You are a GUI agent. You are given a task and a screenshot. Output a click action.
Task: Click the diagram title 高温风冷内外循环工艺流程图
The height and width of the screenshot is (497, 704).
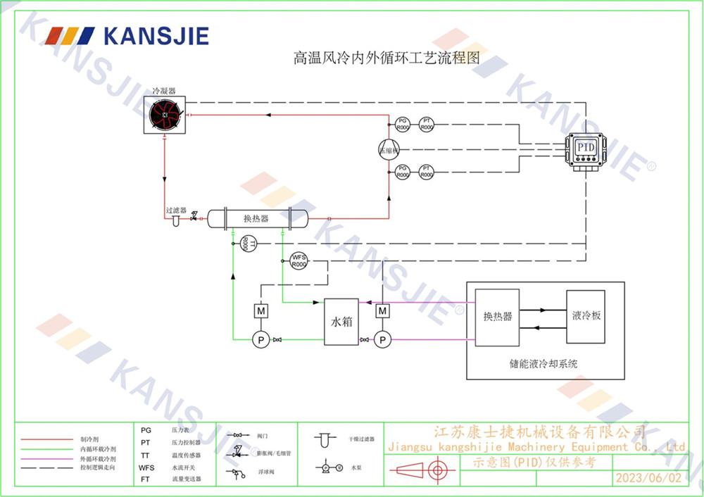coord(386,58)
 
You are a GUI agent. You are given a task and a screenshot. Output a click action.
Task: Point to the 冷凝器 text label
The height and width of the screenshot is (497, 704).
coord(164,92)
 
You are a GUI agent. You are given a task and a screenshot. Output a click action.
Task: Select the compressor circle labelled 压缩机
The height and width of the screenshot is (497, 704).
coord(388,150)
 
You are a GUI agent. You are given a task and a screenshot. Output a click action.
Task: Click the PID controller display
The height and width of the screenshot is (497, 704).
coord(586,149)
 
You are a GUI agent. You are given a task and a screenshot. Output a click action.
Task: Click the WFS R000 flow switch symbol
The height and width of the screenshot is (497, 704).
coord(299,260)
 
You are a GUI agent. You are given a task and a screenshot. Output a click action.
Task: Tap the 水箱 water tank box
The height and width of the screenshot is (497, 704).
coord(341,322)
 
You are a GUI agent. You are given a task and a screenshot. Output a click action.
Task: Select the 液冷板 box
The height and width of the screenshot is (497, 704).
coord(586,317)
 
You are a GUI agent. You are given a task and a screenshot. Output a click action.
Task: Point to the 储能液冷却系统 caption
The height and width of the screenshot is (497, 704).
coord(543,364)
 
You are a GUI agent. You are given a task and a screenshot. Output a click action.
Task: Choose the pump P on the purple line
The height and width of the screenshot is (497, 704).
coord(382,340)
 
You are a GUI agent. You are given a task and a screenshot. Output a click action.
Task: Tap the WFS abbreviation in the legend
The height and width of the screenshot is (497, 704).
coord(146,467)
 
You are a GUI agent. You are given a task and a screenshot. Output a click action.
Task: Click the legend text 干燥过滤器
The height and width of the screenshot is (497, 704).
coord(361,439)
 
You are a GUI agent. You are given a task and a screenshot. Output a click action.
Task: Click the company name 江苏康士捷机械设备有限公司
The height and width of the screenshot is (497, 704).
coord(539,431)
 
